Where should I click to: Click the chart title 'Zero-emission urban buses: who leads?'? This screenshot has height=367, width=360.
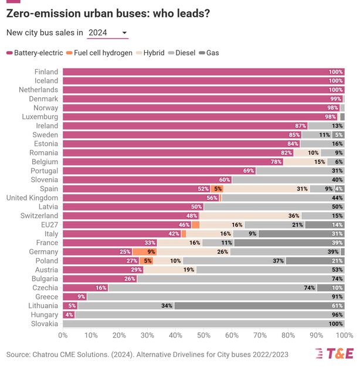[108, 13]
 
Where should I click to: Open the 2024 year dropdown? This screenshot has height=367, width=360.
[107, 33]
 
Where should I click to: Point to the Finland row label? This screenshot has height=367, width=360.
[46, 72]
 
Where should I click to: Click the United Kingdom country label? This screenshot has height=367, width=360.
[32, 198]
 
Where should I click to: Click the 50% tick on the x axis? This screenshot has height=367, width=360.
[203, 335]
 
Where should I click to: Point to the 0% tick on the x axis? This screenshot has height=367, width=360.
[63, 335]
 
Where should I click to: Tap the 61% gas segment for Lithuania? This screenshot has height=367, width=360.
[259, 305]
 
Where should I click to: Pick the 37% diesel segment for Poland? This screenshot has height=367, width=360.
[234, 261]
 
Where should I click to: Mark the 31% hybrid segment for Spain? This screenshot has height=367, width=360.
[266, 189]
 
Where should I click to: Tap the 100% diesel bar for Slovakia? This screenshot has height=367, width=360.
[203, 324]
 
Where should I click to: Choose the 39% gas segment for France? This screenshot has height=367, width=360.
[289, 243]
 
